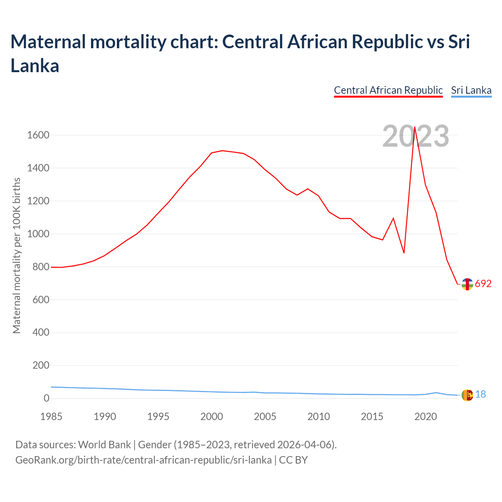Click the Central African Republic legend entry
coord(388,90)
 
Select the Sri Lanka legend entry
coord(471,90)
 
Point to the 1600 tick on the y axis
coord(38,135)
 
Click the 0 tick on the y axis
coord(46,398)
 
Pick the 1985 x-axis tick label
coord(51,417)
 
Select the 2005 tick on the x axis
coord(265,417)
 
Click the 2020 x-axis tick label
coord(426,417)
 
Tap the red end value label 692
coord(483,284)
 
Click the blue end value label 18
coord(480,395)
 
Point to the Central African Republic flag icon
coord(467,284)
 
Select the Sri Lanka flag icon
coord(467,395)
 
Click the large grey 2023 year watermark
coord(416,136)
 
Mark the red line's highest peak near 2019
coord(415,127)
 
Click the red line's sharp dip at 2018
coord(404,253)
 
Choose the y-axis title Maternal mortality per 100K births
coord(16,256)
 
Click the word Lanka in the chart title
coord(35,66)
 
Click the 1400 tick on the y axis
coord(38,168)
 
